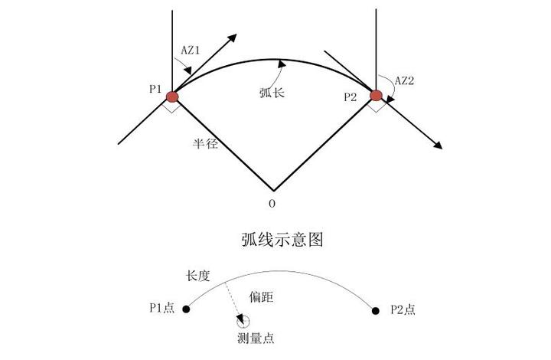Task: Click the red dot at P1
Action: pos(172,97)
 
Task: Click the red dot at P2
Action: pos(376,95)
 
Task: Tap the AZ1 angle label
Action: pos(191,49)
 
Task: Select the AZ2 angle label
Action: pos(405,80)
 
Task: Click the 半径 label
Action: pos(206,143)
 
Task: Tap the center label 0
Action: pos(272,204)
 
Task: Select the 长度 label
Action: pos(198,274)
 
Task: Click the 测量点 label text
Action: pos(253,337)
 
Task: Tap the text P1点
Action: pos(161,309)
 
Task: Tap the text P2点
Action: pos(403,309)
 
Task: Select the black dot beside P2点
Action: pos(376,309)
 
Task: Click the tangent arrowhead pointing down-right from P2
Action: pos(439,145)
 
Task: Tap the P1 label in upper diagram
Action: pos(155,90)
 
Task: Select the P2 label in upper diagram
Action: pos(350,97)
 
